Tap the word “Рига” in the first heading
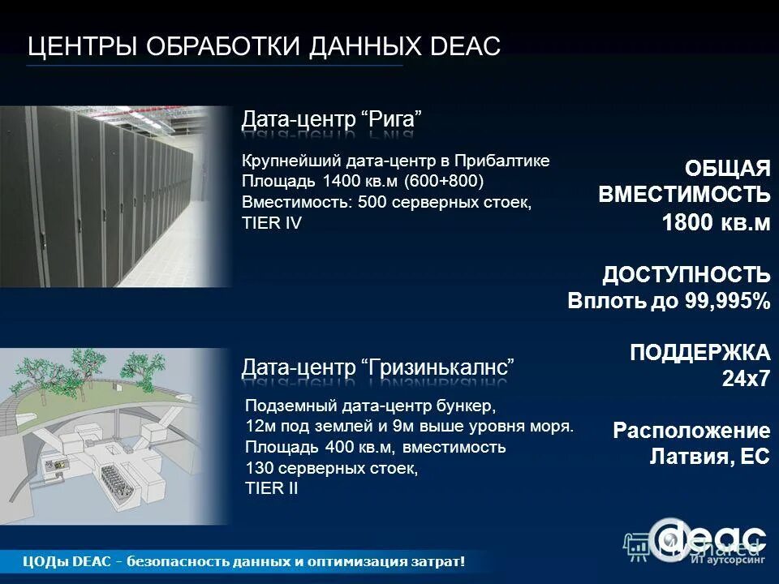(x=394, y=119)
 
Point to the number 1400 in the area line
(x=339, y=180)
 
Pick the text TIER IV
(x=272, y=222)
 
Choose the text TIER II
(x=272, y=488)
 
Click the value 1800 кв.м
(x=717, y=223)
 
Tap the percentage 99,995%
(x=728, y=302)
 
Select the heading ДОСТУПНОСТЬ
(x=686, y=274)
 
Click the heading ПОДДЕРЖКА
(x=700, y=353)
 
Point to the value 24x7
(x=746, y=379)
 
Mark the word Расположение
(x=691, y=431)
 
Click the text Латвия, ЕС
(x=709, y=457)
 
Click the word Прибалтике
(x=501, y=160)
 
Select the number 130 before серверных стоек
(x=258, y=468)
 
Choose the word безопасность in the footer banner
(x=174, y=561)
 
